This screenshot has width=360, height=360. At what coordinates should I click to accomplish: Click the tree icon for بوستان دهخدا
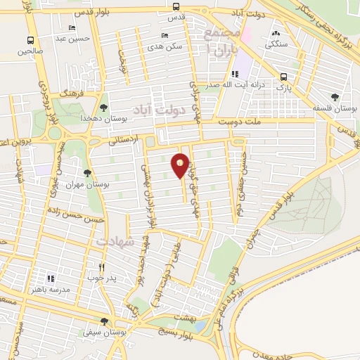(x=103, y=107)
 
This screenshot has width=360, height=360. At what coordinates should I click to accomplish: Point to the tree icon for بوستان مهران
(x=87, y=173)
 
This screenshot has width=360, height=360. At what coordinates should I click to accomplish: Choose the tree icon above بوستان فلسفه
(x=335, y=98)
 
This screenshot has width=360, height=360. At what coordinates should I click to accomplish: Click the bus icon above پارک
(x=283, y=77)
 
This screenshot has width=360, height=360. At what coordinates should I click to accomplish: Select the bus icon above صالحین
(x=30, y=40)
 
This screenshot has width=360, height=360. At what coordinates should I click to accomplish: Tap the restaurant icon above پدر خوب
(x=101, y=266)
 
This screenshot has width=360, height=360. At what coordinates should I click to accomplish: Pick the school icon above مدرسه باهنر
(x=50, y=278)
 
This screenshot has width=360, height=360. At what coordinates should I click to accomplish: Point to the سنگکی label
(x=275, y=43)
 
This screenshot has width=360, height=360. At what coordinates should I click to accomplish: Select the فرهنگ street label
(x=72, y=92)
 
